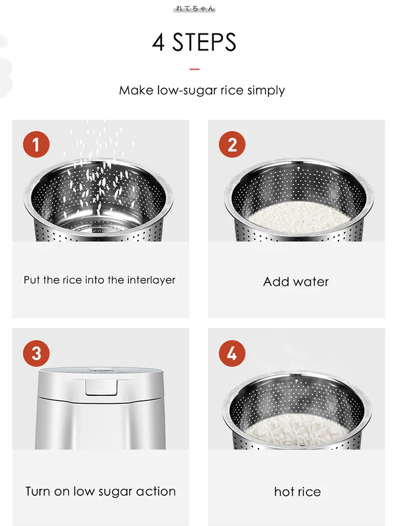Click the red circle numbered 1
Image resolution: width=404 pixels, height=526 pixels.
pos(36,144)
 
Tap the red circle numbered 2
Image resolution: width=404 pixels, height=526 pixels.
pos(232,144)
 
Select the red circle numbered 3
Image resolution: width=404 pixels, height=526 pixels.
pos(36,353)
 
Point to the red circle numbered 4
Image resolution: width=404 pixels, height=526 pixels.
pos(232,353)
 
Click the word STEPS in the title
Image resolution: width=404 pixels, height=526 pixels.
pos(204,43)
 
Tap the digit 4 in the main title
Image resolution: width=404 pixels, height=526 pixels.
pos(158,43)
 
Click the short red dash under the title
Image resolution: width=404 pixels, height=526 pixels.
pos(194,69)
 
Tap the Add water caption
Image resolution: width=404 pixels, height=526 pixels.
pos(296,282)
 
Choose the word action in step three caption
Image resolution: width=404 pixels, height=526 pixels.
pos(156,492)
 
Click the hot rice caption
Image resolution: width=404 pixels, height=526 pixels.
pos(298,492)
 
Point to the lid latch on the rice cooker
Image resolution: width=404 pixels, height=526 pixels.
pos(101,388)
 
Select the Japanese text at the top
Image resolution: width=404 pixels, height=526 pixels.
pos(194,9)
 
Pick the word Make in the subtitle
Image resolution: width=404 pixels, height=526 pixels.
pos(136,90)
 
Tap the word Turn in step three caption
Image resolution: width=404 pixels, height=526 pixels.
pos(38,492)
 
